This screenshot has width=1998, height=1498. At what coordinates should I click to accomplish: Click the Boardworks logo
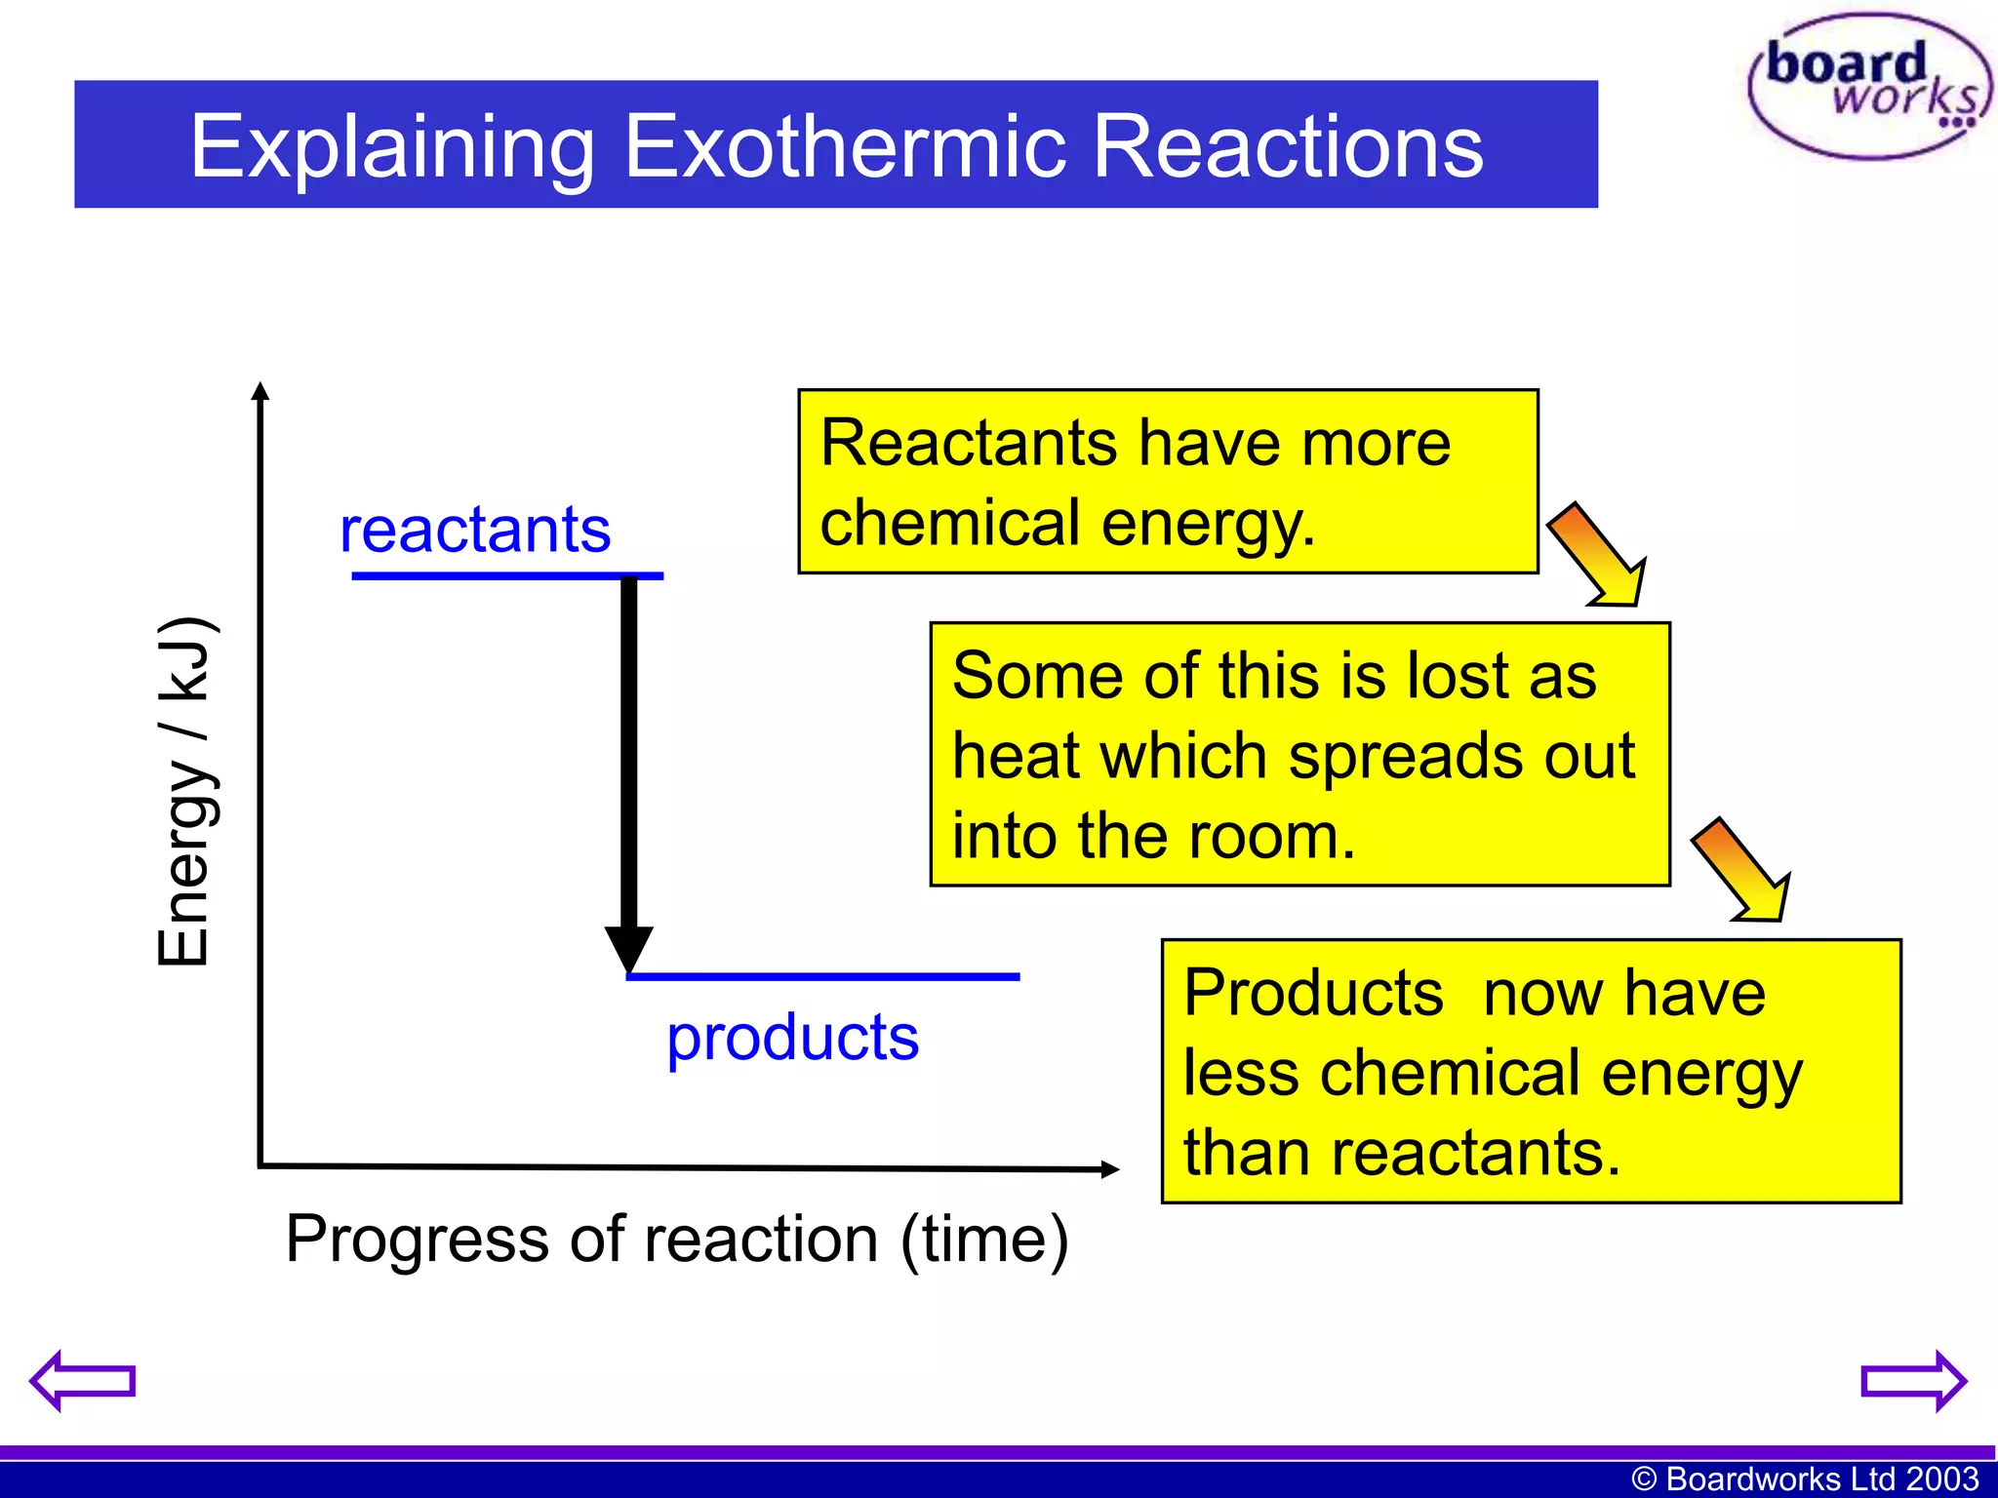(1869, 86)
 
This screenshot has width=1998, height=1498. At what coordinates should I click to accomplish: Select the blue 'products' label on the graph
(792, 1037)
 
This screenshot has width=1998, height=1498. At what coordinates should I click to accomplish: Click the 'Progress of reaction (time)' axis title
(676, 1240)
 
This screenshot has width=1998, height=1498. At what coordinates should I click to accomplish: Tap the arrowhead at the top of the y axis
(260, 391)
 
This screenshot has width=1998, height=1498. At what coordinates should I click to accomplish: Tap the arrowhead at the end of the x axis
(1109, 1168)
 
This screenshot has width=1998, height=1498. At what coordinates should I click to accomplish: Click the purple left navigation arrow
(82, 1380)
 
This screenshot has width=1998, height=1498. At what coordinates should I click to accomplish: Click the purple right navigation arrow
(1913, 1380)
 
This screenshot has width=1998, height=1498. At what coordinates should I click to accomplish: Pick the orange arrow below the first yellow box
(1600, 556)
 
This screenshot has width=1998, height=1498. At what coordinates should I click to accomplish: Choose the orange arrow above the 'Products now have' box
(1743, 871)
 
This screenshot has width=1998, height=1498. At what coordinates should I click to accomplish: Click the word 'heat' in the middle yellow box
(1012, 756)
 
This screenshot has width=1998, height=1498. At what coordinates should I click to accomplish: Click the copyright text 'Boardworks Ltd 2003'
(1820, 1478)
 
